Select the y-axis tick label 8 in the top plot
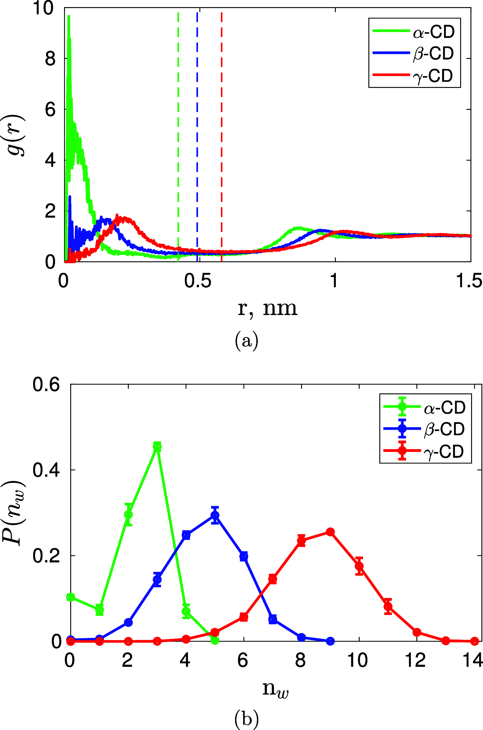51,59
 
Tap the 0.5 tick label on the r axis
198,281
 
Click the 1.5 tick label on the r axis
469,281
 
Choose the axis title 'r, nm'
267,309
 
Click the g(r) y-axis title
16,135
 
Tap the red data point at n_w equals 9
330,532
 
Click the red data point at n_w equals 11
388,607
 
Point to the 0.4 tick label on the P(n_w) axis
46,470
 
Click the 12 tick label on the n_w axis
415,660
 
